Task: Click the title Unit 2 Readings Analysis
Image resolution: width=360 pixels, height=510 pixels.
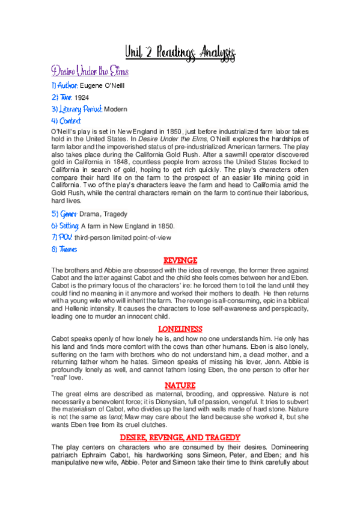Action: pyautogui.click(x=180, y=53)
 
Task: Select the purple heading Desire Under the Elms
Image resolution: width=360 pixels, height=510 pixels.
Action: pyautogui.click(x=89, y=72)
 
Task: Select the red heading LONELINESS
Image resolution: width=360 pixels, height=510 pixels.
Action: pyautogui.click(x=180, y=329)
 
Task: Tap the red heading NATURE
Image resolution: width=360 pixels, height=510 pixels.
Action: pyautogui.click(x=180, y=385)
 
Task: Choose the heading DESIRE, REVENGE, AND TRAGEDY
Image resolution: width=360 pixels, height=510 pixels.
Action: pyautogui.click(x=180, y=437)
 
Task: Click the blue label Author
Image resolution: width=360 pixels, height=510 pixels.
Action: pyautogui.click(x=65, y=87)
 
